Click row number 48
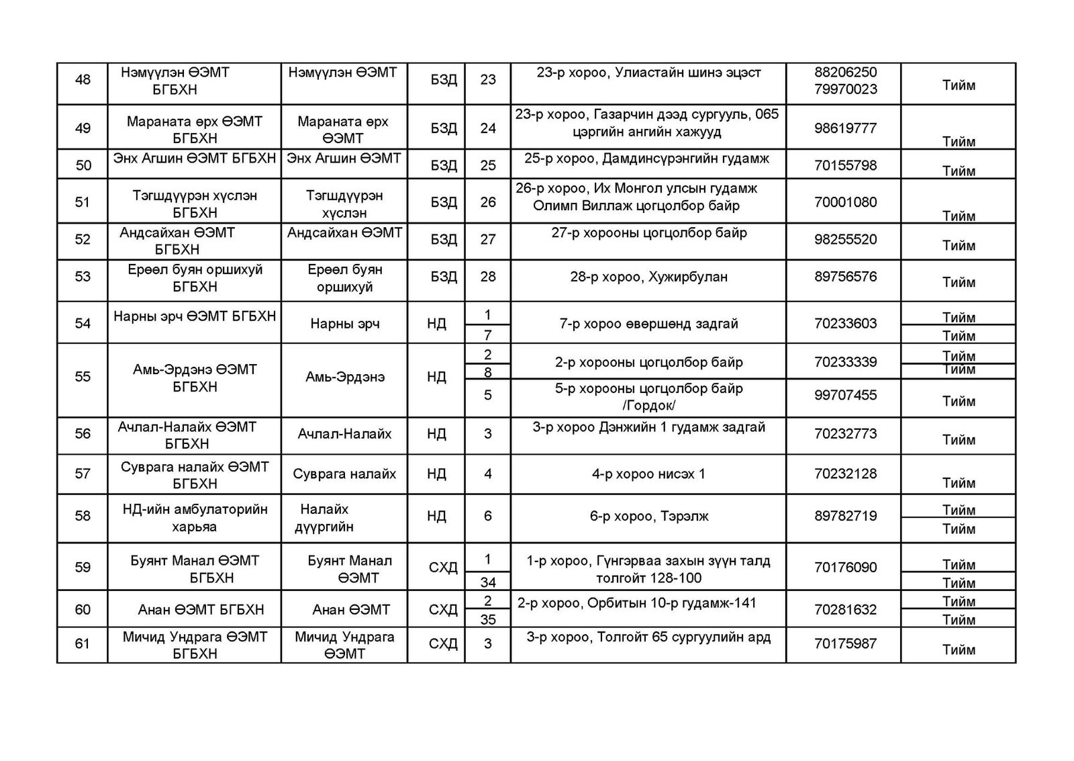(x=83, y=80)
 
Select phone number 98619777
(x=845, y=128)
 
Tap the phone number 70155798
(x=845, y=165)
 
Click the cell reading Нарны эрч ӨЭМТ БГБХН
(x=195, y=316)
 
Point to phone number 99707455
(x=845, y=395)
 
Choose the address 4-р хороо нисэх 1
(x=648, y=474)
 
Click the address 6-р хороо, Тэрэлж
(x=648, y=517)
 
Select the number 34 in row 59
(x=488, y=582)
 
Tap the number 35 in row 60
(x=488, y=619)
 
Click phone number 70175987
(x=845, y=643)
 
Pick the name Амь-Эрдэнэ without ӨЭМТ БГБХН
(x=345, y=377)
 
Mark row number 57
(x=83, y=474)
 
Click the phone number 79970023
(x=845, y=89)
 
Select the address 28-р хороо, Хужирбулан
(x=648, y=277)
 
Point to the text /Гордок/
(x=648, y=405)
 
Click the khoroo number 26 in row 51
(x=488, y=202)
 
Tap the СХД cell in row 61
(x=443, y=643)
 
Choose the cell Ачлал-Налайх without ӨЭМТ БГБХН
(x=345, y=434)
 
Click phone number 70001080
(x=845, y=202)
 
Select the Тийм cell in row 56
(x=959, y=440)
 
